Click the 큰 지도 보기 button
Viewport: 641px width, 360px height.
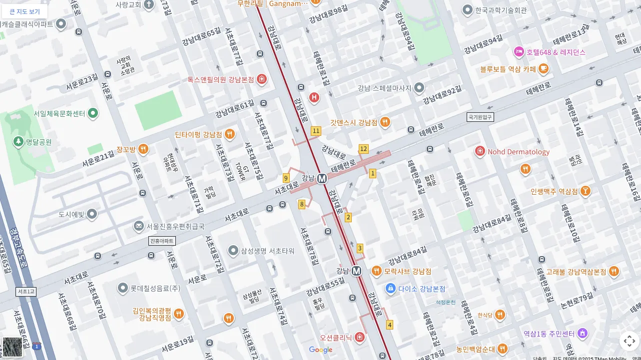(x=24, y=11)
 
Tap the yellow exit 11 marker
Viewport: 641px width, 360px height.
(x=316, y=131)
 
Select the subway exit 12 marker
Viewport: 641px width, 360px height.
(x=363, y=149)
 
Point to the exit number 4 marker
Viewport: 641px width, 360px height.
(x=390, y=325)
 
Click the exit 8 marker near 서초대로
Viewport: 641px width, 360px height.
(x=302, y=204)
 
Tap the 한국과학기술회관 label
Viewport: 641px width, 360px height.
(x=501, y=10)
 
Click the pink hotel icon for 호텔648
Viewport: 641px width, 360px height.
(x=519, y=52)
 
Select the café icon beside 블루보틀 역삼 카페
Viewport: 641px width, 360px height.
(x=544, y=68)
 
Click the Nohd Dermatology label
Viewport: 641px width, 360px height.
(x=518, y=152)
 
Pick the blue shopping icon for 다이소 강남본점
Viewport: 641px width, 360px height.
(x=391, y=288)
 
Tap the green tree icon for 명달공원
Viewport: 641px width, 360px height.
(x=18, y=142)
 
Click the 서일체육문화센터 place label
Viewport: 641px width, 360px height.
(x=59, y=113)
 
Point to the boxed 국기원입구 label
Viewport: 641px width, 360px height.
(x=480, y=117)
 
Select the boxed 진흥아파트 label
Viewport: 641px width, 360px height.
(x=162, y=241)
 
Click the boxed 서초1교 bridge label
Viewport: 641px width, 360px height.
(x=26, y=292)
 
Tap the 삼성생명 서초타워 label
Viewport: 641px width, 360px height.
(x=267, y=251)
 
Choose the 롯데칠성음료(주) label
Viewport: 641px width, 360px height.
(x=155, y=288)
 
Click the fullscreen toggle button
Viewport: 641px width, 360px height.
(x=629, y=341)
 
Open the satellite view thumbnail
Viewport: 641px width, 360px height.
(x=12, y=347)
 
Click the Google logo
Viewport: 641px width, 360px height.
(x=321, y=350)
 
